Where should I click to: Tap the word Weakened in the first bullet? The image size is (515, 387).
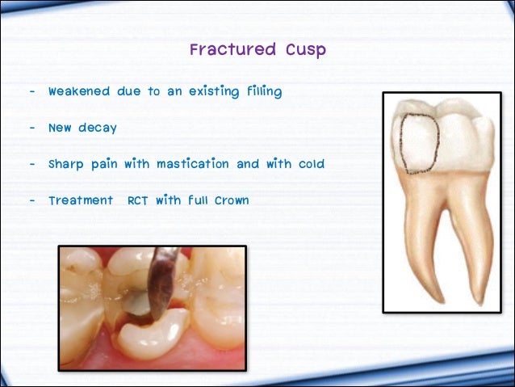78,91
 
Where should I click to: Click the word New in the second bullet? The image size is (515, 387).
60,128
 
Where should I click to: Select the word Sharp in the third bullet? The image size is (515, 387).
65,164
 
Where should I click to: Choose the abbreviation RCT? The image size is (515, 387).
139,200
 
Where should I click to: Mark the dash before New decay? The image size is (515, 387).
31,128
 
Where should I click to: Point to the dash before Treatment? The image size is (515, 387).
31,200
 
